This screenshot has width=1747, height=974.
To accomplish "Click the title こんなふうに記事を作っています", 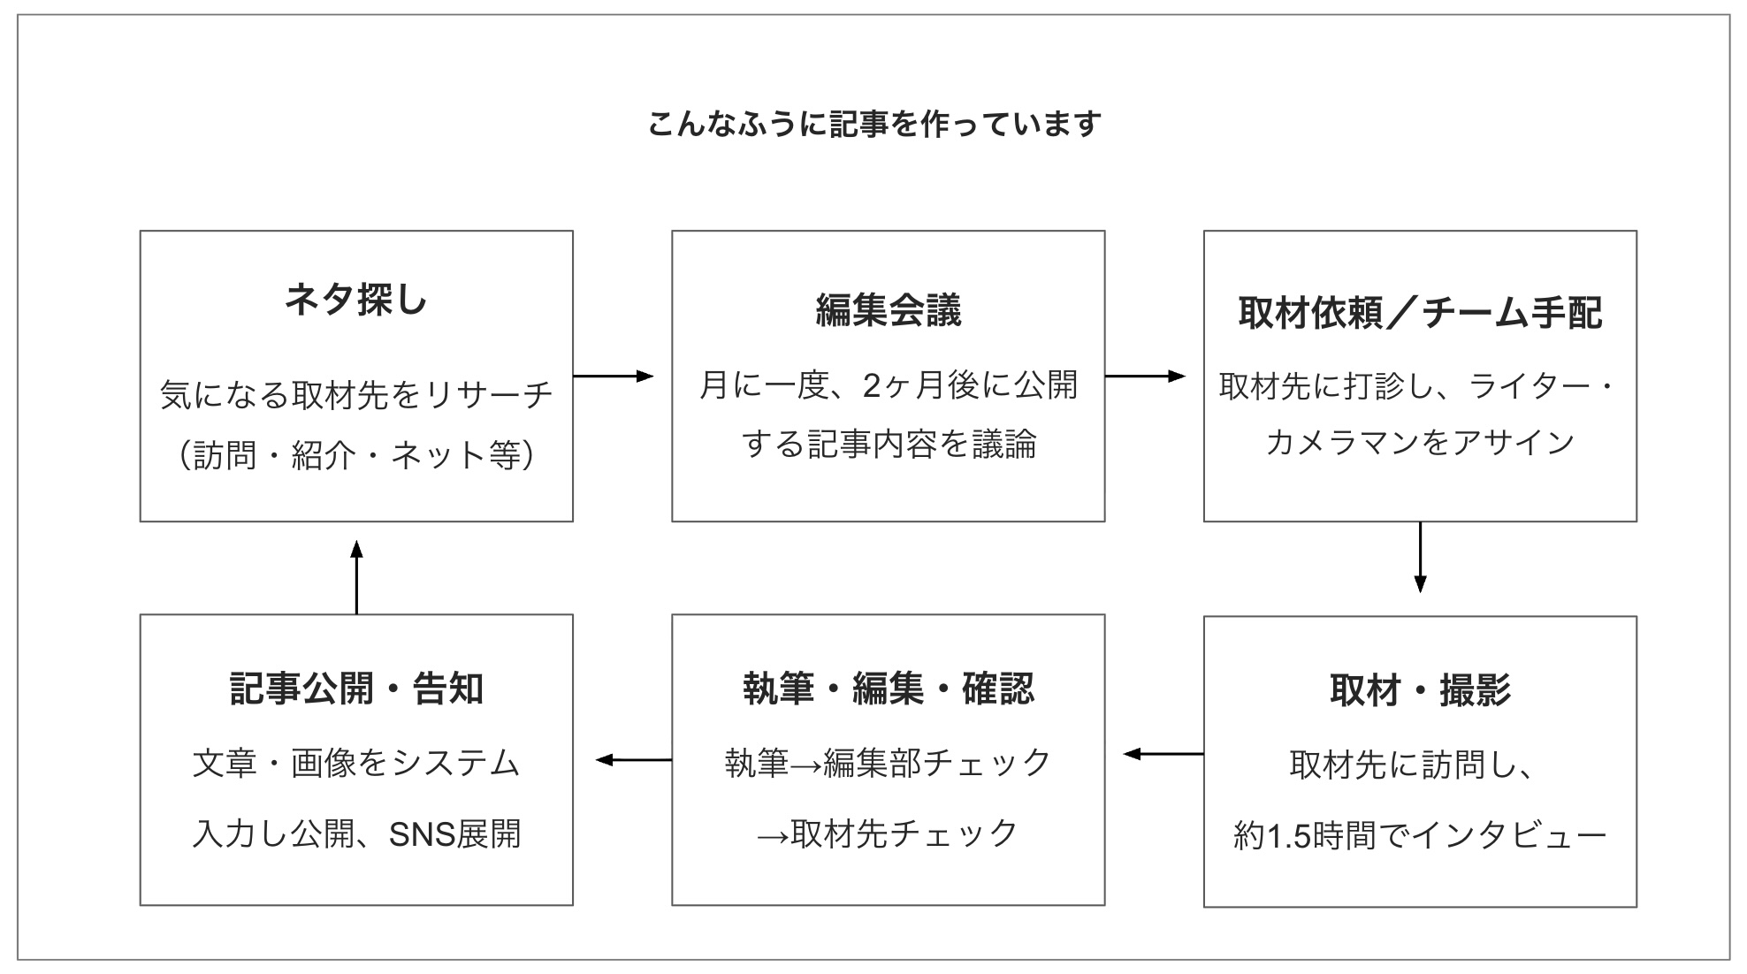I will click(873, 124).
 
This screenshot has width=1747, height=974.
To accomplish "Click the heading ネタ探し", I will click(356, 300).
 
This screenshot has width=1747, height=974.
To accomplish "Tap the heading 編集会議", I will click(888, 310).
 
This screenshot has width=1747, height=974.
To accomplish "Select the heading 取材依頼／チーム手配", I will click(1419, 313).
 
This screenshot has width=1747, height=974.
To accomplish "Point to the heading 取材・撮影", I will click(1419, 690).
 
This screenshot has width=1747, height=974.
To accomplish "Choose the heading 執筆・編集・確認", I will click(888, 689).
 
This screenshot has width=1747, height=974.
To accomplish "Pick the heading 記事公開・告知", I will click(356, 689).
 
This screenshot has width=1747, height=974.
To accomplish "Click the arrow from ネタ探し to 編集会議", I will click(613, 377).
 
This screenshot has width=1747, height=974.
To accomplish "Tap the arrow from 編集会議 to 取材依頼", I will click(1144, 377).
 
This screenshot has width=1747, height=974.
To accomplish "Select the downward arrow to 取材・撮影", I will click(1420, 557).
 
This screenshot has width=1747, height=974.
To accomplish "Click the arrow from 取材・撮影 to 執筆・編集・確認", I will click(1163, 754).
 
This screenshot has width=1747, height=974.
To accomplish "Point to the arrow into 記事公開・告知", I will click(633, 759).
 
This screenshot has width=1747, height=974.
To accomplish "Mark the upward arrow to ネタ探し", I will click(356, 577).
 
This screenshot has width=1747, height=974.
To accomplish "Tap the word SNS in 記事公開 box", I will click(421, 834).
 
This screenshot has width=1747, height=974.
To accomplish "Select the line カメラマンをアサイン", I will click(1419, 442).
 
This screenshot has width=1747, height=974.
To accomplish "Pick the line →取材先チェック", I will click(888, 833).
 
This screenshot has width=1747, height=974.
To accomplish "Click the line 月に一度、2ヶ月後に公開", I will click(888, 385).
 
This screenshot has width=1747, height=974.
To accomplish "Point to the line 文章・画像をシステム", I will click(356, 763).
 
